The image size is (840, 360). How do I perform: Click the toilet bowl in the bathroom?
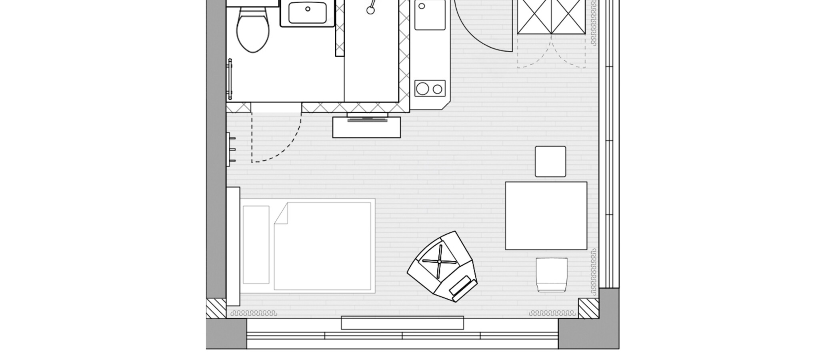coord(252,32)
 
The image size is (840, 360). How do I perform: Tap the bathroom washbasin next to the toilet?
coord(307,13)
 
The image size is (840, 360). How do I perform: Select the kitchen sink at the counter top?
coord(430,15)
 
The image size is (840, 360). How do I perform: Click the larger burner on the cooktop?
coord(422,88)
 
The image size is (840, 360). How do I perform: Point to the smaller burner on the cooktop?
coord(438,89)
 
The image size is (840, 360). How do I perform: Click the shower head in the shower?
coord(370,10)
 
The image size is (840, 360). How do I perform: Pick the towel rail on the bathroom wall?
coord(230,79)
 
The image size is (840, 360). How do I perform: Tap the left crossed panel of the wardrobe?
coord(535,17)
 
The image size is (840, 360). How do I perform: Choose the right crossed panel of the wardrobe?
coord(568,17)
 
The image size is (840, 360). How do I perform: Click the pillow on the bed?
coord(256,244)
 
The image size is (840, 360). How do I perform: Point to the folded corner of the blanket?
coord(281,214)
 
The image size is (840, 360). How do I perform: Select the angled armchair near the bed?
coord(442,266)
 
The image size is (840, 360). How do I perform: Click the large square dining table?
coord(546,216)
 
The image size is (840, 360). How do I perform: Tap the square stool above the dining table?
coord(550,162)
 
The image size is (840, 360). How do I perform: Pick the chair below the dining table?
coord(552,275)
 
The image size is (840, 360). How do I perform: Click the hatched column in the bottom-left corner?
coord(216,308)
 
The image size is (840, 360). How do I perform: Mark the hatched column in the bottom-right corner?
coord(588,308)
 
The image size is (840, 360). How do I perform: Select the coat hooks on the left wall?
coord(231,150)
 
